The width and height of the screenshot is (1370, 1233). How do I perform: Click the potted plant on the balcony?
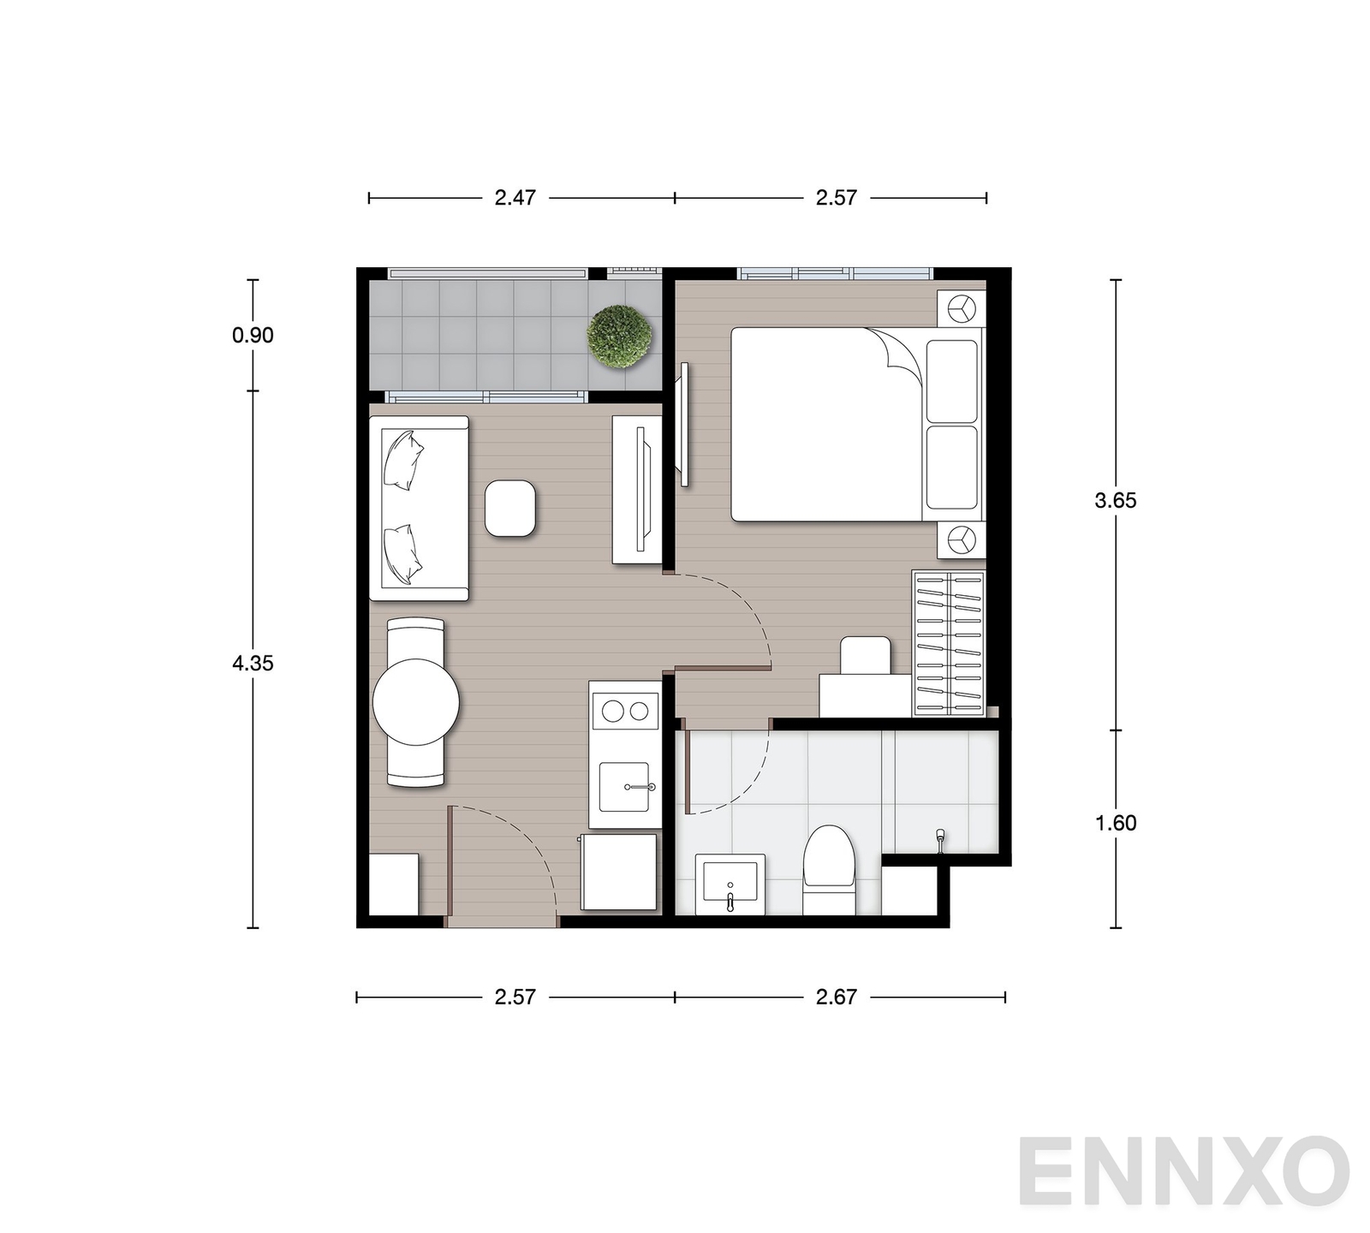(619, 337)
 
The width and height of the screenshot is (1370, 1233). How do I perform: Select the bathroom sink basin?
(730, 884)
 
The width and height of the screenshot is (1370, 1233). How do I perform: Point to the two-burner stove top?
(625, 711)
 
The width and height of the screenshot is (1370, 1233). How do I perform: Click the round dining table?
(416, 701)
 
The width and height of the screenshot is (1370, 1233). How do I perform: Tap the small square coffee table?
(510, 509)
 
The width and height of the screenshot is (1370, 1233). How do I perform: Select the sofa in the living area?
(419, 509)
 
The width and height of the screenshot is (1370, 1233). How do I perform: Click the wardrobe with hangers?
(950, 643)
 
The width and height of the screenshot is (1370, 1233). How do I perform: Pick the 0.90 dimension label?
(253, 336)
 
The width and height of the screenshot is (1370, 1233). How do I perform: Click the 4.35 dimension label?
(253, 663)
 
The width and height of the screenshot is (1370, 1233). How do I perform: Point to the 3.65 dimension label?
(1116, 501)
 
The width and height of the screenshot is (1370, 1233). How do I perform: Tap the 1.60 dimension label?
(1116, 823)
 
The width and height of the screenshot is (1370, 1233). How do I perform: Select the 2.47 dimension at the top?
(515, 198)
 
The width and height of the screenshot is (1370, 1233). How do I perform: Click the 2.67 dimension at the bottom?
(837, 997)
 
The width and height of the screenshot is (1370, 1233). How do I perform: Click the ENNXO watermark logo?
(1183, 1171)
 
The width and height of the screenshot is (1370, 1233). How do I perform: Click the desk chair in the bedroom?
(866, 656)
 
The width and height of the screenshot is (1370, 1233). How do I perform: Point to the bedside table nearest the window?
(962, 308)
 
